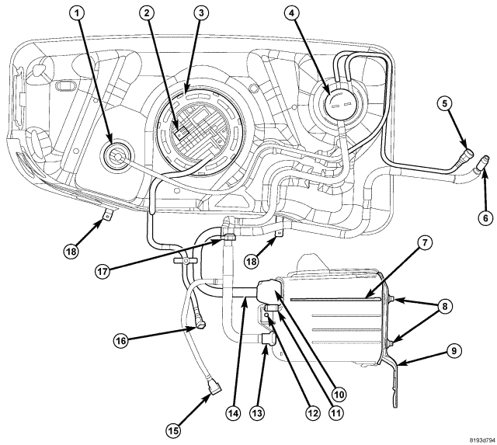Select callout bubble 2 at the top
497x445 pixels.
(148, 13)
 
